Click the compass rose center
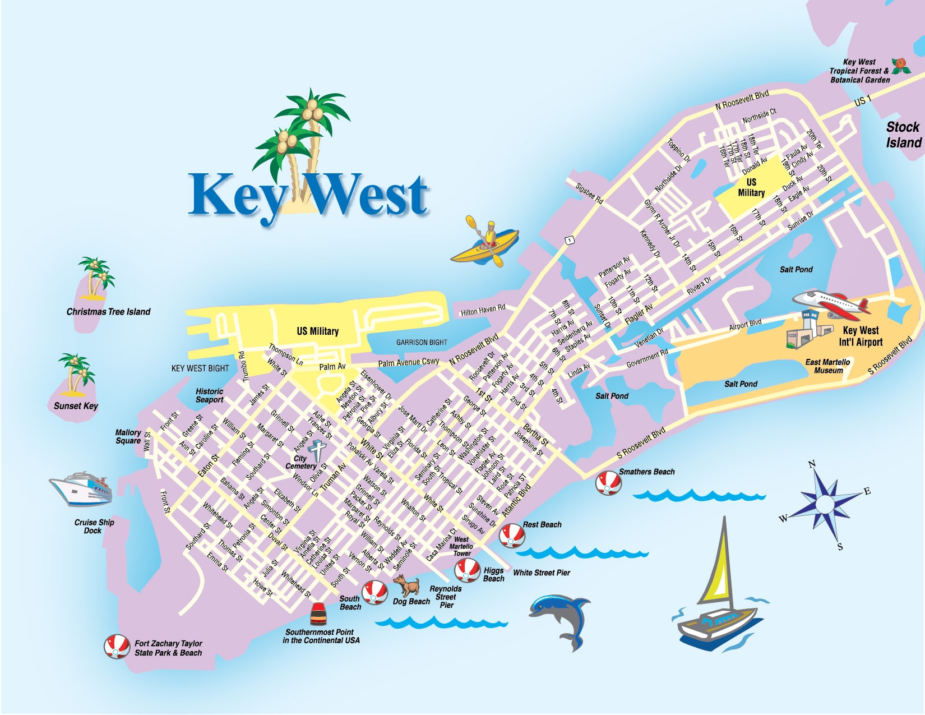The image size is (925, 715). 824,504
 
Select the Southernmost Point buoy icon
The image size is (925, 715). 318,614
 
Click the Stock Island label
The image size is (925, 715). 903,135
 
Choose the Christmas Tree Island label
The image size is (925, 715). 108,312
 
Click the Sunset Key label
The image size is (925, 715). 76,405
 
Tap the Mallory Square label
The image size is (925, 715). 128,436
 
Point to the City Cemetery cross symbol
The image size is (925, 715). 317,450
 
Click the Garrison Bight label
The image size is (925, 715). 422,342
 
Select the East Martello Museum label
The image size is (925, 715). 827,366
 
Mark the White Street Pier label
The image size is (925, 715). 541,573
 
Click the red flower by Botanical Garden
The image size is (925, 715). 900,66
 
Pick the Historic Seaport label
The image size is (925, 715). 209,395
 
